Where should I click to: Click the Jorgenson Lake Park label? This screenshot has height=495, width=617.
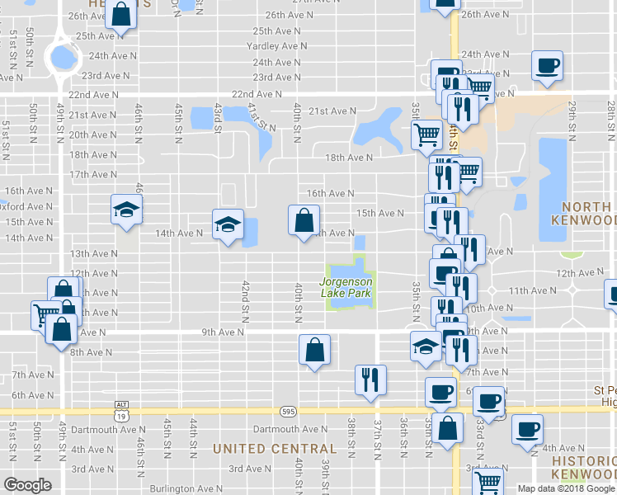click(346, 287)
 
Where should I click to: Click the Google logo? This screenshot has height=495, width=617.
click(27, 485)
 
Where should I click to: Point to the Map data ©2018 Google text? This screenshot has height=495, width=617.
click(566, 488)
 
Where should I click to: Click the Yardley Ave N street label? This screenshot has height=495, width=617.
click(277, 46)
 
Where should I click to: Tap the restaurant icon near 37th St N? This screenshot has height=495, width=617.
click(369, 379)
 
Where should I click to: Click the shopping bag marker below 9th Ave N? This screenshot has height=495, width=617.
click(315, 350)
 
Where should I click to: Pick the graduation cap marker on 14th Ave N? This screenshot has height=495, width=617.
click(227, 224)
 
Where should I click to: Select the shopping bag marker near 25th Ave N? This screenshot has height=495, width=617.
click(120, 14)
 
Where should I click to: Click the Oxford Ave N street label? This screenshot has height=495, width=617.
click(27, 206)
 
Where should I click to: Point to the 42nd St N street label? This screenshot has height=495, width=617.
click(246, 300)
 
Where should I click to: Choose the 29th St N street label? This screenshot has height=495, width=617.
click(572, 119)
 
